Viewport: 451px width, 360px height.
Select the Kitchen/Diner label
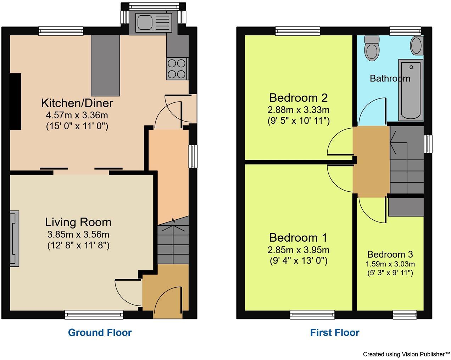(x=77, y=103)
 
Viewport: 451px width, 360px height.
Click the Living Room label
(x=78, y=222)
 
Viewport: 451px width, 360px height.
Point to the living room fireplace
(x=14, y=238)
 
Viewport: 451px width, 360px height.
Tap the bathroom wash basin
(x=417, y=46)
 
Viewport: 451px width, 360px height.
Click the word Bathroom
(x=390, y=78)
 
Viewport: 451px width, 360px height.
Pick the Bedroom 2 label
(x=298, y=97)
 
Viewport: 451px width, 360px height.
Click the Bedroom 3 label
(x=390, y=254)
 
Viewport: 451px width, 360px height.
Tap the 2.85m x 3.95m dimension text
(x=298, y=250)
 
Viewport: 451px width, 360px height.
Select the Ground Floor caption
(x=100, y=333)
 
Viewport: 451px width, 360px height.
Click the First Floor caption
(x=334, y=333)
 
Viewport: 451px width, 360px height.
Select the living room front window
(x=94, y=314)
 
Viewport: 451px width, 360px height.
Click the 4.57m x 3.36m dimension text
(x=77, y=115)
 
